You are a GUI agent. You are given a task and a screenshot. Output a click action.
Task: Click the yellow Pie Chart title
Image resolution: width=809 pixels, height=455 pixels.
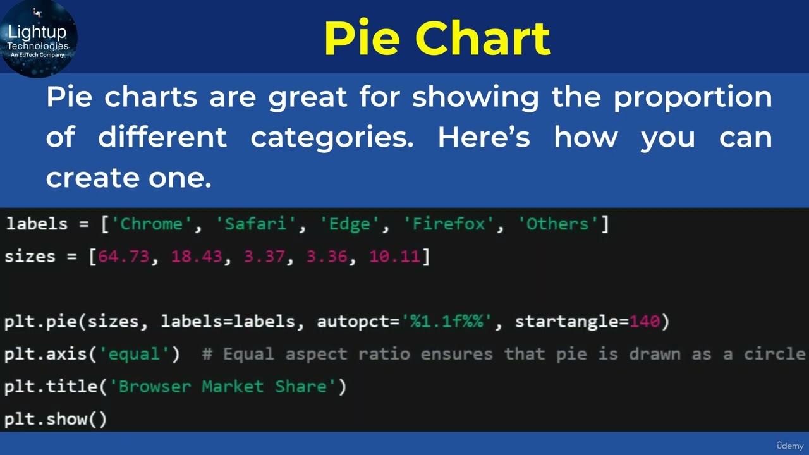tap(437, 38)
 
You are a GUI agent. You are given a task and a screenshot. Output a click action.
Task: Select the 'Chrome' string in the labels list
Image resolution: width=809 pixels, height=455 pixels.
tap(152, 224)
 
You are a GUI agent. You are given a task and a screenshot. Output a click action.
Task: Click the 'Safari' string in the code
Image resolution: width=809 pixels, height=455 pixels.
tap(256, 224)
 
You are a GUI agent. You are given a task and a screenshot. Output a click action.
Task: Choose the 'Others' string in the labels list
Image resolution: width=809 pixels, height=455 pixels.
tap(557, 224)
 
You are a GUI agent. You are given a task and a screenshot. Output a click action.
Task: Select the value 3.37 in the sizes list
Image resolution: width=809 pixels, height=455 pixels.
tap(265, 257)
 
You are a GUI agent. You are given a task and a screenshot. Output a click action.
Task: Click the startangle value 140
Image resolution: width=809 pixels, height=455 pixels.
tap(645, 321)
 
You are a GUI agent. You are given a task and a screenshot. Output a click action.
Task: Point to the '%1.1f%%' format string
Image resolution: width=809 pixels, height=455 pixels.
tap(447, 321)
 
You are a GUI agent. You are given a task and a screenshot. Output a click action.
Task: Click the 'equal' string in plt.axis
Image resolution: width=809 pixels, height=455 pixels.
tap(135, 354)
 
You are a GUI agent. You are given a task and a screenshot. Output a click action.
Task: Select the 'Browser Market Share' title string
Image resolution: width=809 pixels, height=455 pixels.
tap(223, 386)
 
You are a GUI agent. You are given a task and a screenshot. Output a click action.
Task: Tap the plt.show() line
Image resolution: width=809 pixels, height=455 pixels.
tap(56, 419)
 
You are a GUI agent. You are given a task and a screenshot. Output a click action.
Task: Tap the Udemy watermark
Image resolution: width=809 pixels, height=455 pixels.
tap(790, 446)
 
